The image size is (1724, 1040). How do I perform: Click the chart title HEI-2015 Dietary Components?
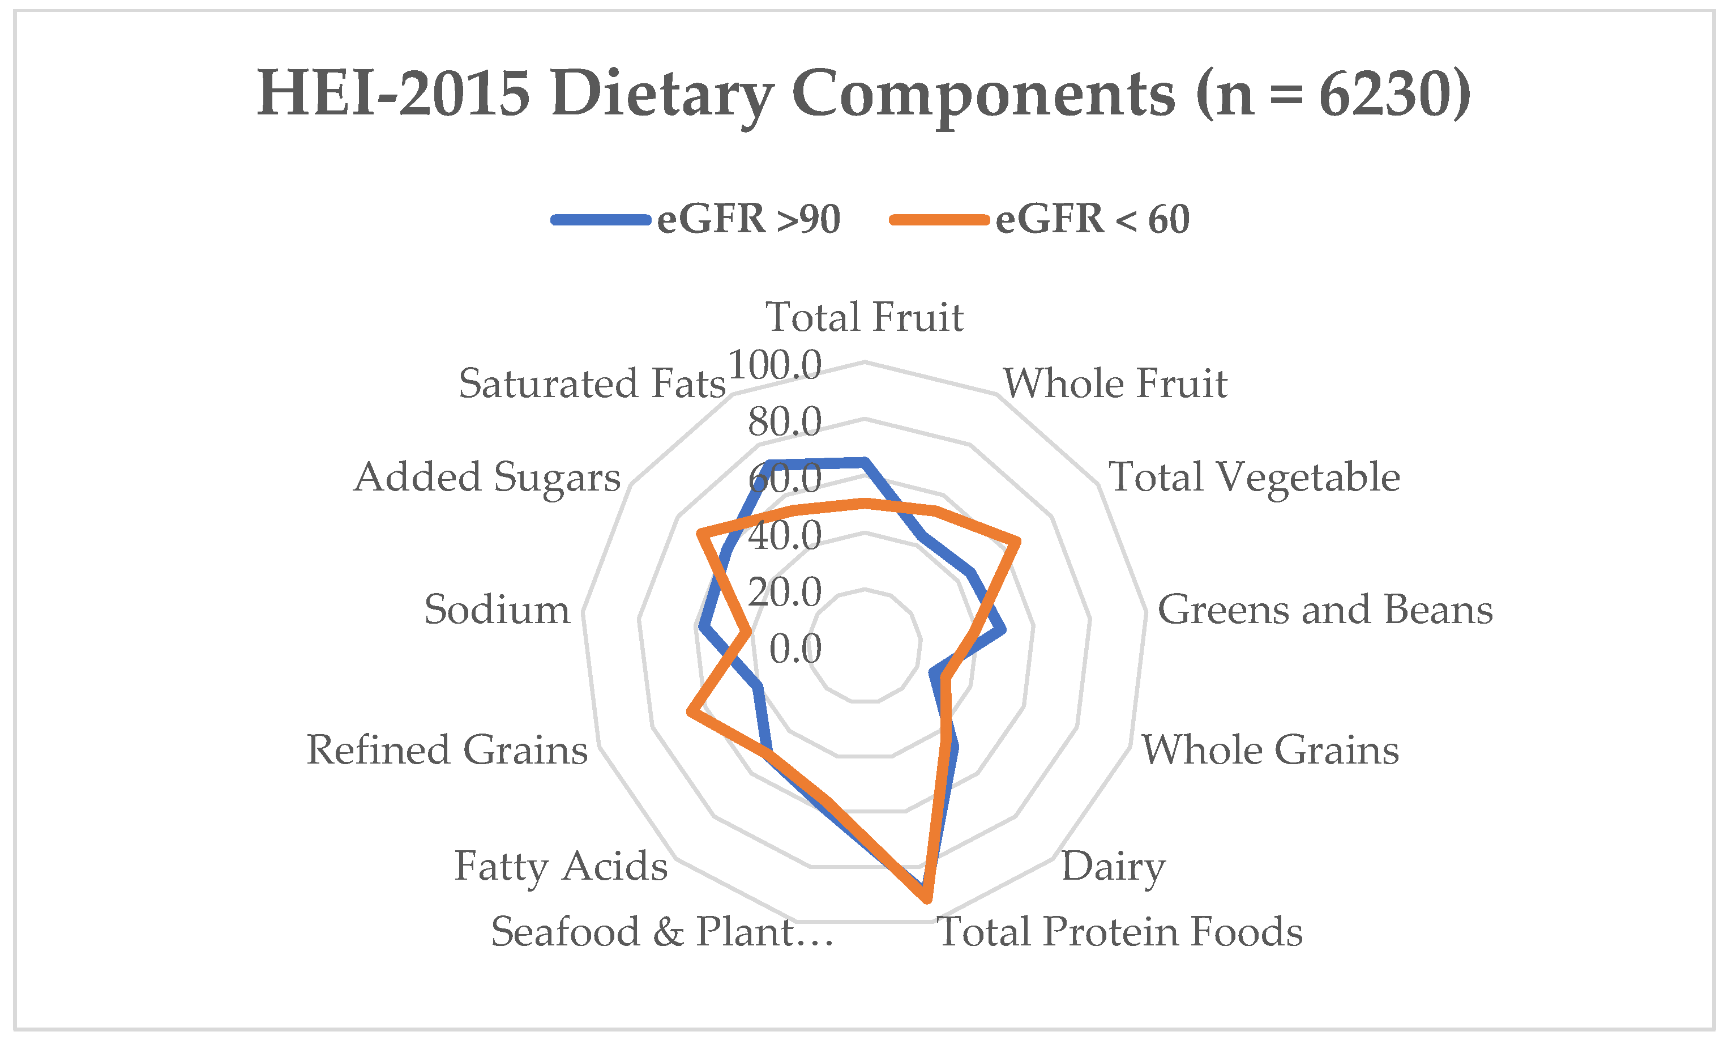pyautogui.click(x=863, y=94)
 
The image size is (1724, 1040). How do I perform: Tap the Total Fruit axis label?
pyautogui.click(x=864, y=317)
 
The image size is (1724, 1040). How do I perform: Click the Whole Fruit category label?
pyautogui.click(x=1115, y=383)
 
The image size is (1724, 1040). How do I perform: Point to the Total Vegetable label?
pyautogui.click(x=1254, y=478)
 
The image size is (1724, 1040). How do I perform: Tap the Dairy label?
pyautogui.click(x=1113, y=867)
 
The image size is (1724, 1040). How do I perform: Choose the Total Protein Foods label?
pyautogui.click(x=1119, y=932)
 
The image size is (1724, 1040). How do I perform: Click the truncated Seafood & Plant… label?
pyautogui.click(x=662, y=932)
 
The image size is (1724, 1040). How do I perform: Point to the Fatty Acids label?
pyautogui.click(x=561, y=867)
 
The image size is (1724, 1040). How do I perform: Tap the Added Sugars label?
pyautogui.click(x=487, y=478)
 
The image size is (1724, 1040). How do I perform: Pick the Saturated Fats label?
pyautogui.click(x=592, y=383)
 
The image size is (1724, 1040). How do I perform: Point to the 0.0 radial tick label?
pyautogui.click(x=795, y=649)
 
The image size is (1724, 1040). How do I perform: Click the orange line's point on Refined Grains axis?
pyautogui.click(x=691, y=713)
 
